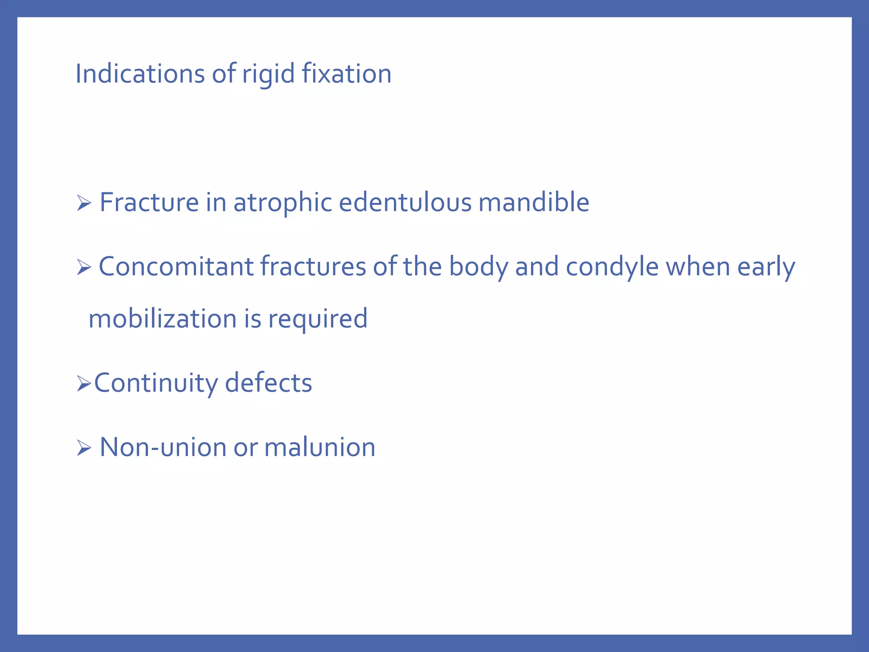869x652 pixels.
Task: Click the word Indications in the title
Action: coord(140,74)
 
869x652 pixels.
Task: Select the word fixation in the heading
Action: coord(347,74)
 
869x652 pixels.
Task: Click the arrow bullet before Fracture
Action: coord(84,203)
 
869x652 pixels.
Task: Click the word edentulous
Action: coord(405,202)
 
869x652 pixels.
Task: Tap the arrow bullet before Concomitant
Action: coord(84,268)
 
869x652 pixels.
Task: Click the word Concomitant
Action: coord(176,267)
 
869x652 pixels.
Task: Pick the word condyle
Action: coord(612,268)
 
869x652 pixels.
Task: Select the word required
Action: coord(318,320)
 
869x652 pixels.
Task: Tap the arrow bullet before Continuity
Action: coord(84,384)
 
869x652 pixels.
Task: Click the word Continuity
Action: coord(156,383)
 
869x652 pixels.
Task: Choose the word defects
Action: coord(268,383)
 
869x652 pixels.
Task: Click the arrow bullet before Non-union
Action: coord(84,448)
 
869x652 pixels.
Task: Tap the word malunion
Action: coord(320,448)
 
